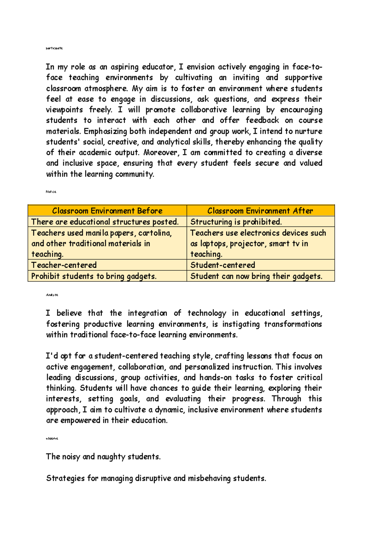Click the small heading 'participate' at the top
54,48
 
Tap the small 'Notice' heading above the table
51,192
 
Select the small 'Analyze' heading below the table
52,295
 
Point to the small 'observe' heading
52,438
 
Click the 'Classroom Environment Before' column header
107,211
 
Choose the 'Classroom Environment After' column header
260,211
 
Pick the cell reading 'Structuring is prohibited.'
236,221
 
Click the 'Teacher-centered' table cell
64,265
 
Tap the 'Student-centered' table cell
223,265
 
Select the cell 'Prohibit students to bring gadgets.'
94,276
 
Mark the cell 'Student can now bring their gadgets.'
256,276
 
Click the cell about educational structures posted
105,221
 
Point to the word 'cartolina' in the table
155,233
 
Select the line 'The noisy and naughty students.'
103,456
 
